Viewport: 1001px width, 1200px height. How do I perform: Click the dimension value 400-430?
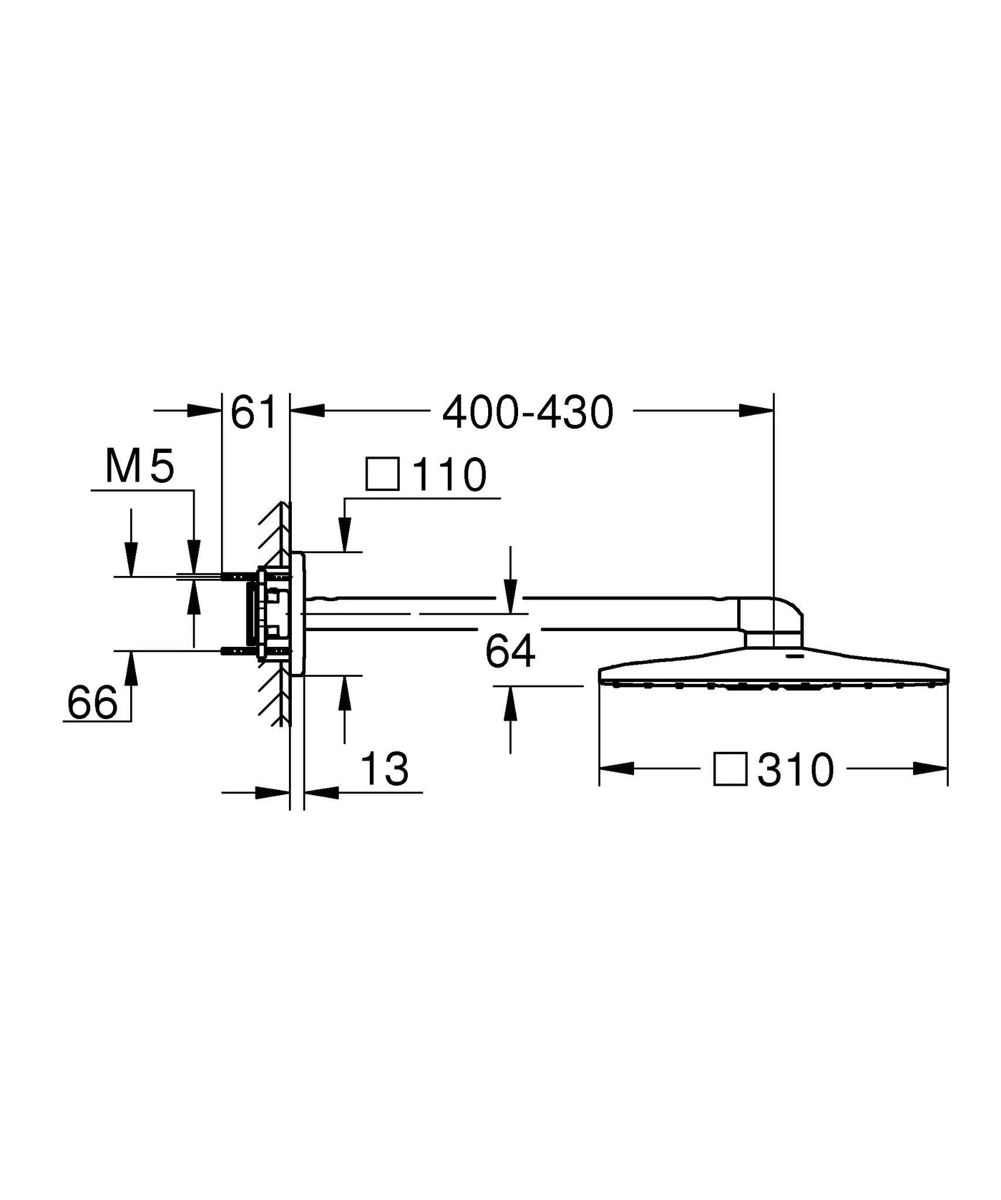527,412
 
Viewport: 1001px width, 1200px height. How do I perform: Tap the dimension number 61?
253,412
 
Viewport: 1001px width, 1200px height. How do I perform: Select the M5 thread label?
139,466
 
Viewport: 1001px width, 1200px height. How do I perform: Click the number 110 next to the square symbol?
450,475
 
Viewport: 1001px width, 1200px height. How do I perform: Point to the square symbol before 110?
383,474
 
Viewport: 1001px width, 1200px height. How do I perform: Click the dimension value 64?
510,652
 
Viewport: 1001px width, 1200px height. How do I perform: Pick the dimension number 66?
92,703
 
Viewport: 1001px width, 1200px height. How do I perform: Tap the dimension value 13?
384,769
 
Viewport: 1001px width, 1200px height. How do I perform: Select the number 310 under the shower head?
795,771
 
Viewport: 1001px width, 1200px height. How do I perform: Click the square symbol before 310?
730,769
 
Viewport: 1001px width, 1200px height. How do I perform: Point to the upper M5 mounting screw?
237,577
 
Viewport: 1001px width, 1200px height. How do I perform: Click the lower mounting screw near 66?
237,651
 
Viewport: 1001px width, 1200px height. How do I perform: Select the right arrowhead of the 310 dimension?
931,768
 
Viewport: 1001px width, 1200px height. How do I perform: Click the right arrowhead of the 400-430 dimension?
756,411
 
